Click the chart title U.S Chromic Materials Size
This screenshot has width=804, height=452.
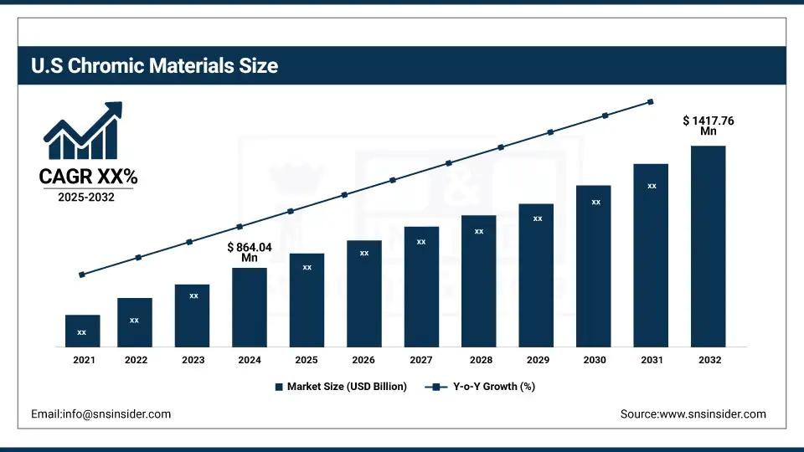pos(154,65)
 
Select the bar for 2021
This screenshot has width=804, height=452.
pos(82,331)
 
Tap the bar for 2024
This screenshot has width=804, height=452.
pos(250,307)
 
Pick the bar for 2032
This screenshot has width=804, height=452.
pos(708,246)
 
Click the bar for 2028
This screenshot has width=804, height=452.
pos(478,280)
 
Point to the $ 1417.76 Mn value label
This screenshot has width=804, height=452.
pos(709,126)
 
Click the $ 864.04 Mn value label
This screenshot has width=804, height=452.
pos(250,252)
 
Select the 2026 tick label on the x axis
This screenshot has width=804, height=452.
pos(363,360)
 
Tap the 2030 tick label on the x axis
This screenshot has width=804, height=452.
pos(595,360)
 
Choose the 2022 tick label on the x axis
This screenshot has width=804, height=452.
pos(136,360)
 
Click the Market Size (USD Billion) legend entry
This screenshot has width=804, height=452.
pos(341,387)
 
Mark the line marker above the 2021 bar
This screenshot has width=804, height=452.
pos(82,275)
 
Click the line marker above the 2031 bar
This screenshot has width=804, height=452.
pos(651,102)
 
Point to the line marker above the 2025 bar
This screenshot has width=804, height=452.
pos(291,211)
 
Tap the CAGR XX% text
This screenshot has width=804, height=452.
pos(88,177)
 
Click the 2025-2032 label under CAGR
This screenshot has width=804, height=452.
pos(87,198)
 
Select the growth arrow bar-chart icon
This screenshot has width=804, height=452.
pos(83,131)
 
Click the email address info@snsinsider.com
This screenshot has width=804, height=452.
pos(100,413)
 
